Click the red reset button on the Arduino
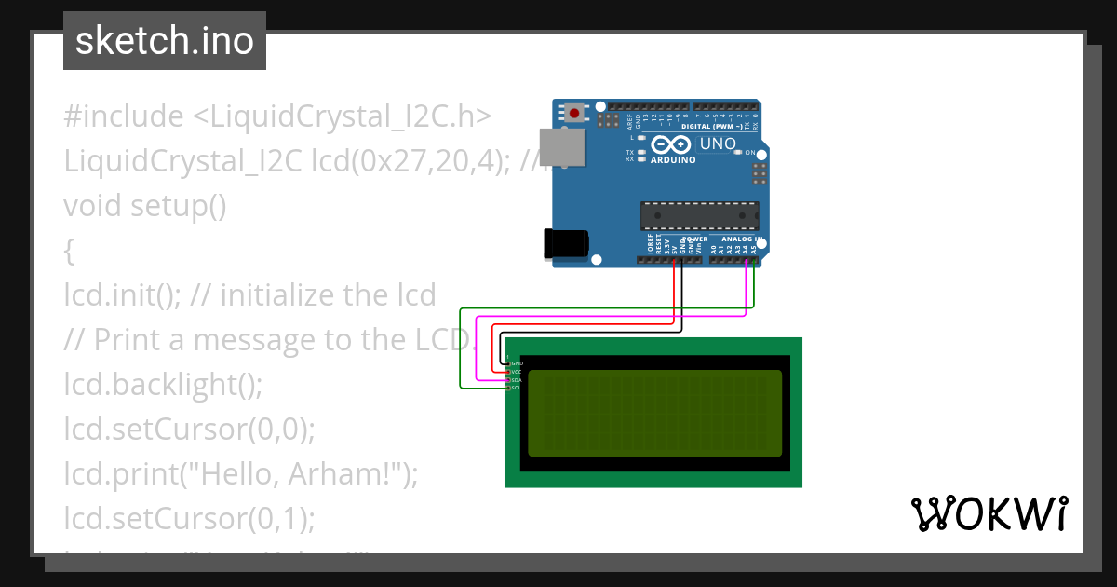tap(575, 114)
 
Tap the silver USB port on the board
tap(563, 147)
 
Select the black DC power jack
tap(565, 243)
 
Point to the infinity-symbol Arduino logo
tap(671, 145)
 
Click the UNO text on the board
tap(718, 144)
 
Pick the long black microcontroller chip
tap(699, 215)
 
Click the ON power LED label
tap(750, 151)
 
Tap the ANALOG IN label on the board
tap(741, 239)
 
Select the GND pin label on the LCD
tap(518, 362)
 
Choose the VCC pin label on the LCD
tap(517, 372)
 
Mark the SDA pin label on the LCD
tap(517, 380)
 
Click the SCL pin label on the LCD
tap(517, 389)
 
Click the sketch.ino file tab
tap(165, 41)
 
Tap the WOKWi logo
tap(989, 513)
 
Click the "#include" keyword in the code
tap(124, 116)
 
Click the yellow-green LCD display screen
tap(655, 414)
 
